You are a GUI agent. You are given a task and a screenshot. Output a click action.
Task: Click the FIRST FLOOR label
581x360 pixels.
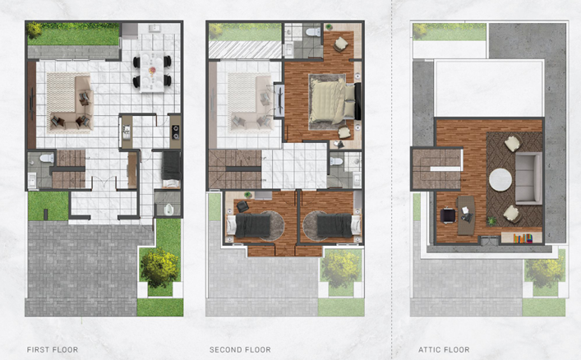(53, 349)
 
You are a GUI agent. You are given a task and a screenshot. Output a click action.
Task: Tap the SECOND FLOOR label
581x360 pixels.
(240, 349)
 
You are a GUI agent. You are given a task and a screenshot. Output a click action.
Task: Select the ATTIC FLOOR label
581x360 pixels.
(444, 349)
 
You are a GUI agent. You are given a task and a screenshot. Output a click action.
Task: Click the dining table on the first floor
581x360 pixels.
(152, 72)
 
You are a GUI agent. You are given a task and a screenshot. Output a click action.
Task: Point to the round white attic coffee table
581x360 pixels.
(500, 180)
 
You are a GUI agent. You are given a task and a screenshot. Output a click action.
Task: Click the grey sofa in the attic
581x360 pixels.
(528, 178)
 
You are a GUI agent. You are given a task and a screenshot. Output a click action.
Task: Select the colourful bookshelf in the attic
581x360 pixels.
(523, 238)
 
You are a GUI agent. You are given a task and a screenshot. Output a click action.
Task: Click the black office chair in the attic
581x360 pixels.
(448, 215)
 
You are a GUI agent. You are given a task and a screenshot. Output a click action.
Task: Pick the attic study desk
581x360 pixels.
(466, 215)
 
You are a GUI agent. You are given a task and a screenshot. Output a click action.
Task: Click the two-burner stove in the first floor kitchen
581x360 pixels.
(175, 132)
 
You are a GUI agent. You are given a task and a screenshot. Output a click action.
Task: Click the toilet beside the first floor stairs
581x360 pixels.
(46, 159)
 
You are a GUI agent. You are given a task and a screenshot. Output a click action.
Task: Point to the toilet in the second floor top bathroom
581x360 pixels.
(313, 31)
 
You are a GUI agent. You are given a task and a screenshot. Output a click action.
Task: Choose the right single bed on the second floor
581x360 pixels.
(339, 225)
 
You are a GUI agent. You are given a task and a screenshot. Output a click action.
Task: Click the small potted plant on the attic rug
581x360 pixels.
(491, 221)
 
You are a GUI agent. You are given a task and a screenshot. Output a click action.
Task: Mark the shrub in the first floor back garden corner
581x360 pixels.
(35, 30)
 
